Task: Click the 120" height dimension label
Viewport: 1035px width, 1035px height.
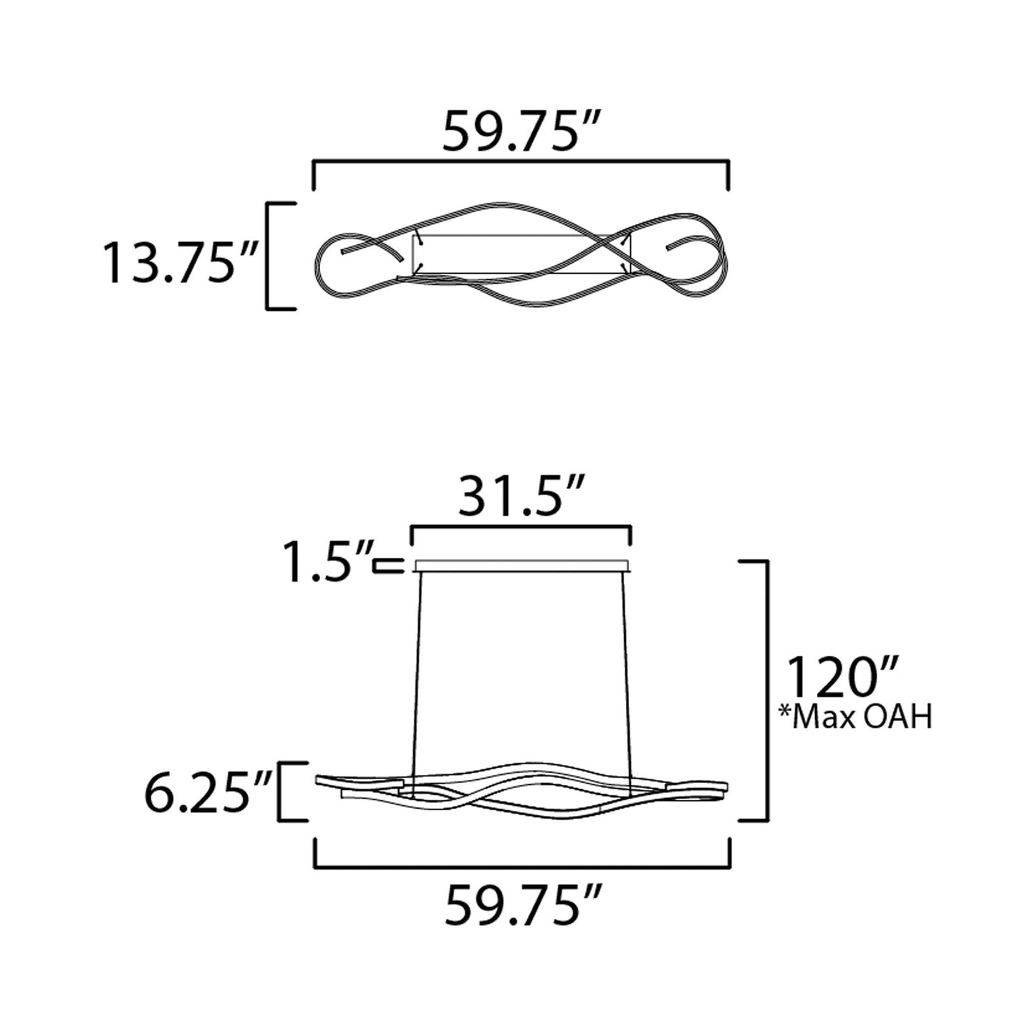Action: [x=842, y=677]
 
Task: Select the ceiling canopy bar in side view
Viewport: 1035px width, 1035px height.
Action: [x=521, y=567]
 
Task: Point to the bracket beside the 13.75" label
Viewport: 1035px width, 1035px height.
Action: [x=269, y=256]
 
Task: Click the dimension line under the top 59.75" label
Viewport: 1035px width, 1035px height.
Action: [x=521, y=165]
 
